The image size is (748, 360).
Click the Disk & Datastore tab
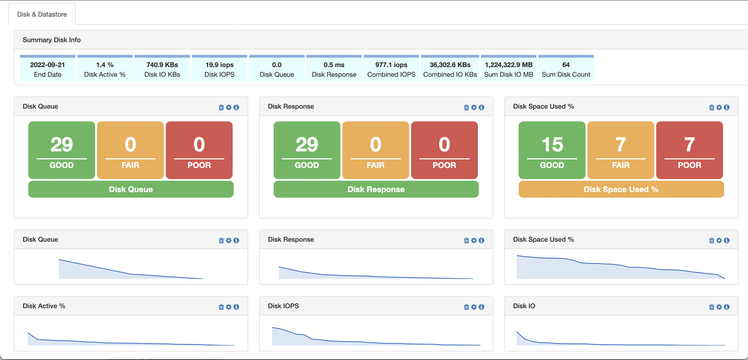[x=42, y=14]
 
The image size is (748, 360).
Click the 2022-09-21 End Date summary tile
[x=47, y=69]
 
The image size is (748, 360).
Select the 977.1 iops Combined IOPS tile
[x=391, y=69]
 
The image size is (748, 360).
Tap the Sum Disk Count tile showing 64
[x=566, y=69]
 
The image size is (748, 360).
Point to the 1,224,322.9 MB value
[x=508, y=65]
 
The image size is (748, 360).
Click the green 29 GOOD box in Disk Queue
[x=62, y=150]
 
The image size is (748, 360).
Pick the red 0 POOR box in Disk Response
[x=444, y=150]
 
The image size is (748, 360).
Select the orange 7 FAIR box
[x=620, y=150]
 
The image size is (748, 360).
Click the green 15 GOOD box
[x=552, y=150]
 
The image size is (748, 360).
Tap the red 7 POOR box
[x=689, y=150]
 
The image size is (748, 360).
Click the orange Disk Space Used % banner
[x=621, y=189]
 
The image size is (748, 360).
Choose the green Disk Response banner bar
[x=376, y=189]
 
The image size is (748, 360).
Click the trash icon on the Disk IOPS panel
[x=466, y=307]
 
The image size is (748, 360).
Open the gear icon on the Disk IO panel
[x=719, y=307]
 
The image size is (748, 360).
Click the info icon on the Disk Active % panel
[x=236, y=307]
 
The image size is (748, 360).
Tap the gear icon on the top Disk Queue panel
[x=229, y=107]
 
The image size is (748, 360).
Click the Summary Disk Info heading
[x=52, y=40]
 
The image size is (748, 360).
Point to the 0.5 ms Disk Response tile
[x=334, y=69]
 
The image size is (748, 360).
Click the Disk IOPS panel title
[x=283, y=306]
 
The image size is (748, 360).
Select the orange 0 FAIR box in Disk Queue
[x=130, y=150]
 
